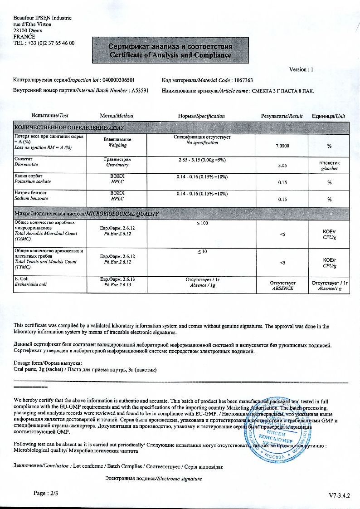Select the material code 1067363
pyautogui.click(x=243, y=80)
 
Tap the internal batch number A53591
pyautogui.click(x=140, y=90)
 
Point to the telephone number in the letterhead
pyautogui.click(x=44, y=43)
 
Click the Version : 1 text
pyautogui.click(x=301, y=69)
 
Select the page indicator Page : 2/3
pyautogui.click(x=46, y=492)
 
